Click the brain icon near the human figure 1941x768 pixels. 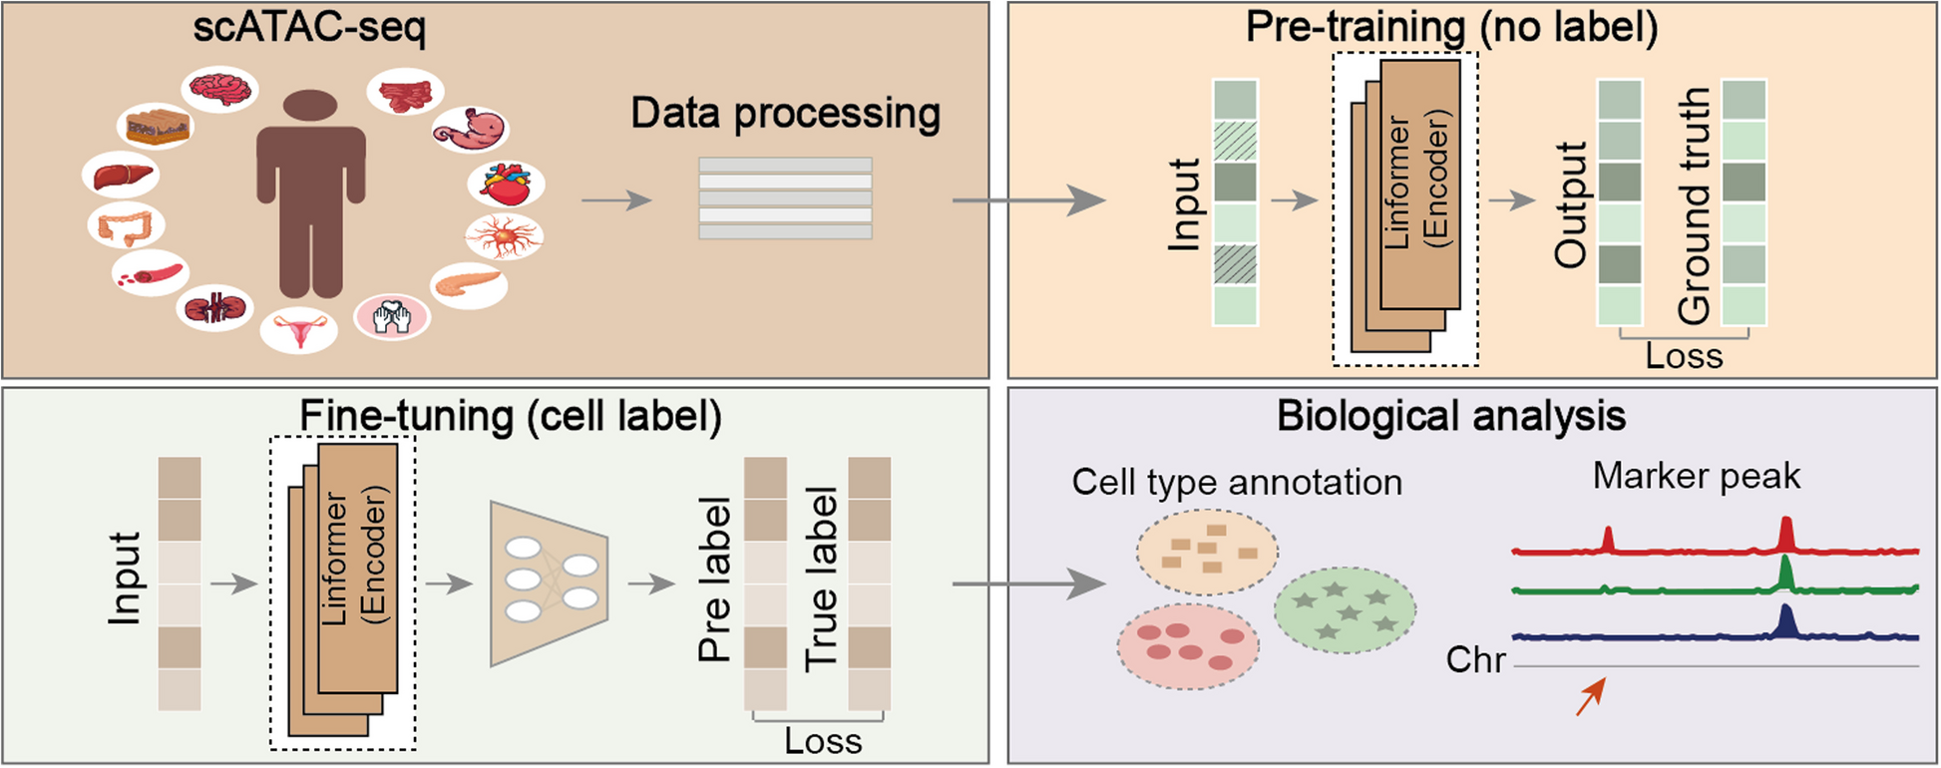[x=220, y=90]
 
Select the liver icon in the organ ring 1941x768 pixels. [x=122, y=177]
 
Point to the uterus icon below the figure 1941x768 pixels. [x=299, y=330]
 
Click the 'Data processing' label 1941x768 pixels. [x=785, y=114]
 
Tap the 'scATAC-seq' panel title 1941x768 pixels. [x=309, y=28]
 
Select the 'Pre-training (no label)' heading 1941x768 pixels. [x=1451, y=28]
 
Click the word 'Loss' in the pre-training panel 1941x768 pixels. [x=1684, y=356]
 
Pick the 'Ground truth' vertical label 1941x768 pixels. [x=1695, y=205]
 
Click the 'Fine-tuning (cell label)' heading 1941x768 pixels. [x=511, y=416]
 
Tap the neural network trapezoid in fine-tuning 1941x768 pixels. [x=549, y=583]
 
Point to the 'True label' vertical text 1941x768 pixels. [x=822, y=578]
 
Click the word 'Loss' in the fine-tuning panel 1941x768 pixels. [x=823, y=741]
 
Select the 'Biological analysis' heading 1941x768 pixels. [x=1451, y=416]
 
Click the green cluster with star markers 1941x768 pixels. [x=1346, y=609]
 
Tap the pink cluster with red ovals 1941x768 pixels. [x=1188, y=646]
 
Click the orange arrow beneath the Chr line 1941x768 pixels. [x=1590, y=696]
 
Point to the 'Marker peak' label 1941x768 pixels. [x=1696, y=476]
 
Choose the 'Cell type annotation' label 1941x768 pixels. [x=1237, y=483]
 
